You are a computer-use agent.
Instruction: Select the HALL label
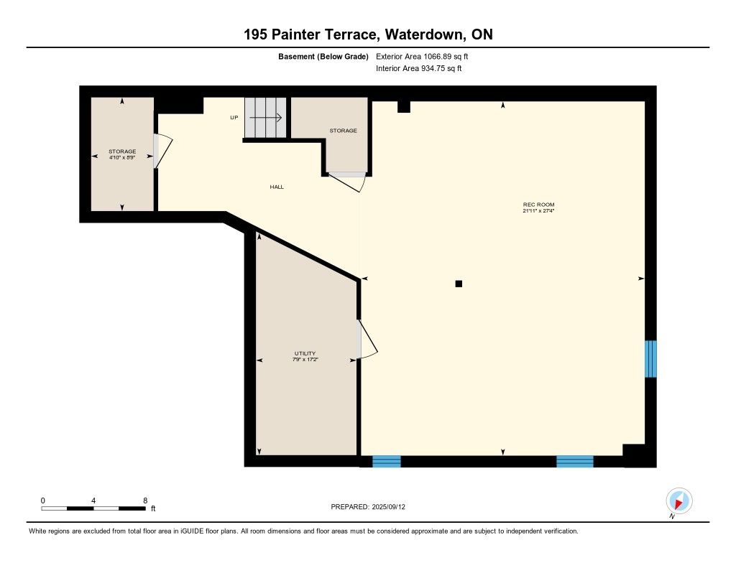click(277, 187)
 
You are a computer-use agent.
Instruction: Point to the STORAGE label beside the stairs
click(343, 131)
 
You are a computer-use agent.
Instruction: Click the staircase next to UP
click(265, 118)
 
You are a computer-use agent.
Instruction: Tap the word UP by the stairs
click(234, 118)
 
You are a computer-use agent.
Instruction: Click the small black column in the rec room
click(459, 284)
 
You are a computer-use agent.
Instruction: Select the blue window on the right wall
click(650, 359)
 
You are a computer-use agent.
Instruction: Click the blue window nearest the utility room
click(387, 462)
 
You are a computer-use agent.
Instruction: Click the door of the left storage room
click(163, 151)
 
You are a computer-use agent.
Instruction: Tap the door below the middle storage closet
click(347, 182)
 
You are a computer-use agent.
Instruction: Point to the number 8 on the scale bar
click(145, 501)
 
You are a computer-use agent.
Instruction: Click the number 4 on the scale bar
click(93, 501)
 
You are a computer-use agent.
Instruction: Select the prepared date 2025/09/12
click(388, 507)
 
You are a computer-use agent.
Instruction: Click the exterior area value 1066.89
click(438, 57)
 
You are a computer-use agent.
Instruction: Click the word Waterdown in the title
click(425, 34)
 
